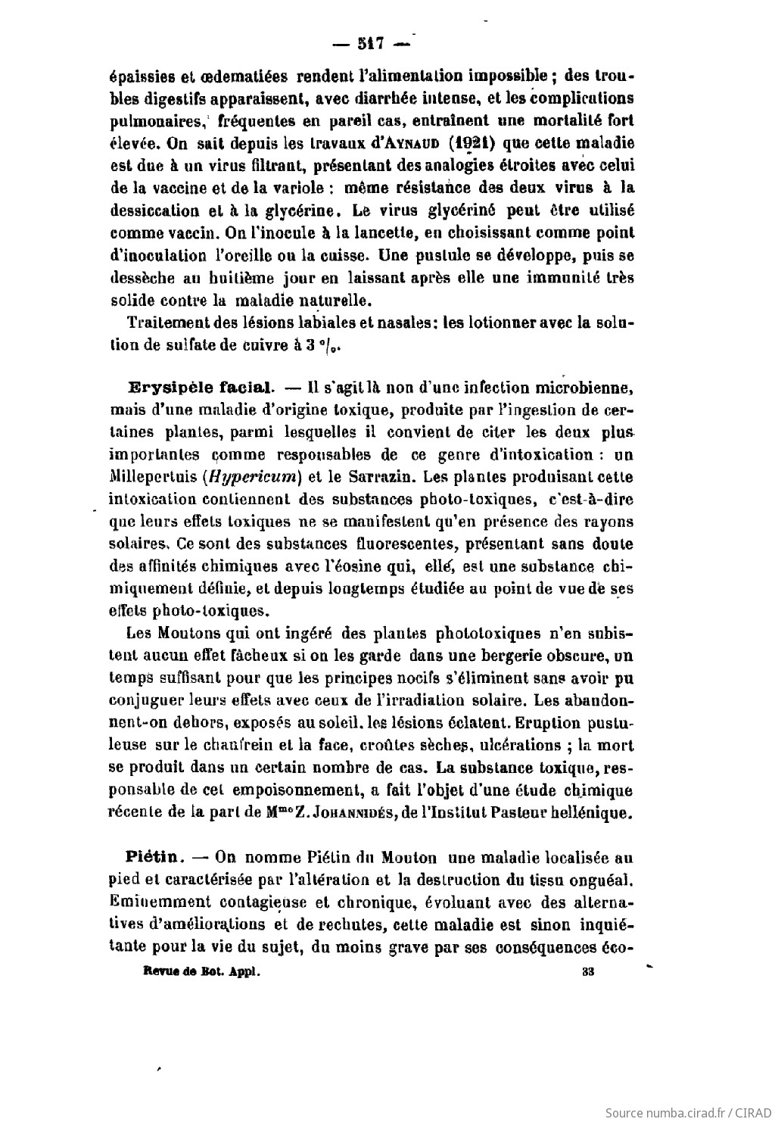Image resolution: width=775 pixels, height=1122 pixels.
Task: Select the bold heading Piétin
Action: click(154, 858)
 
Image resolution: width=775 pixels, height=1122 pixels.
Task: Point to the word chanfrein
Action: click(231, 745)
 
